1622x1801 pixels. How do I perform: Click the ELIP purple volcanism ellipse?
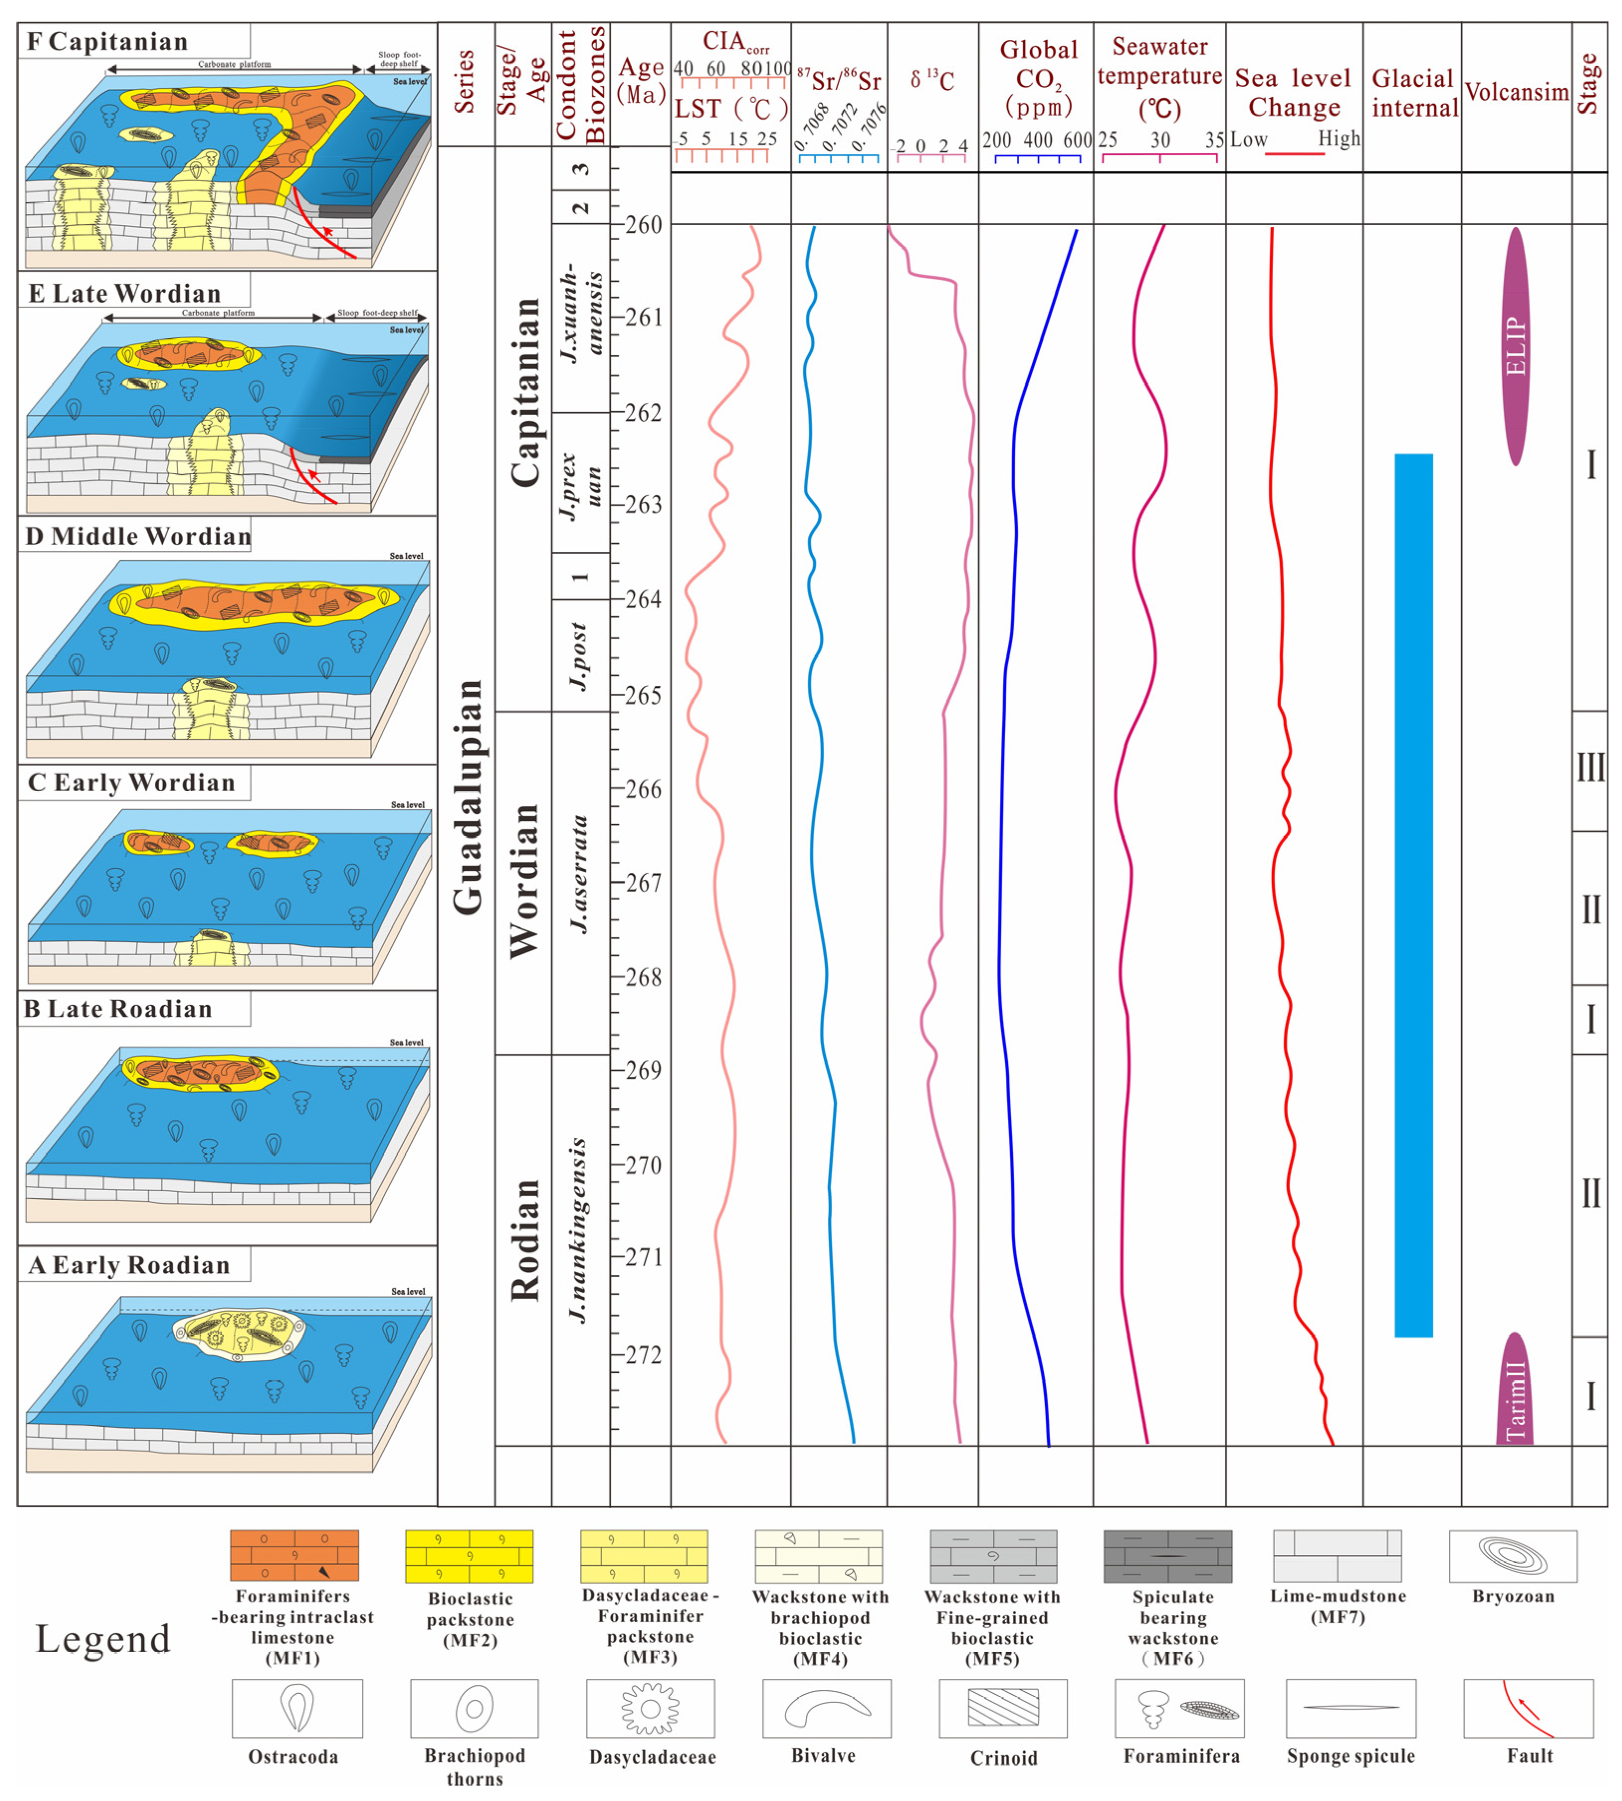[x=1515, y=346]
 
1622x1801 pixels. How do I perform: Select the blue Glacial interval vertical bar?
[x=1413, y=896]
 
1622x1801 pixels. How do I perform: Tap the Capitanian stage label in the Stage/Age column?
[x=525, y=392]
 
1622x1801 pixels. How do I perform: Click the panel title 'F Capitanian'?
[x=108, y=42]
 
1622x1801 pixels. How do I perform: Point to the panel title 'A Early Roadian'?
[x=129, y=1265]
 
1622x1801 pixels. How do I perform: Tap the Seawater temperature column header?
[x=1160, y=79]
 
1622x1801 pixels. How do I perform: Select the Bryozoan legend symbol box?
[x=1513, y=1557]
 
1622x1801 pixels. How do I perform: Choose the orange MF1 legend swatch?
[x=294, y=1556]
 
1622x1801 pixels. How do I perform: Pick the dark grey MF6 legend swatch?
[x=1168, y=1557]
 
